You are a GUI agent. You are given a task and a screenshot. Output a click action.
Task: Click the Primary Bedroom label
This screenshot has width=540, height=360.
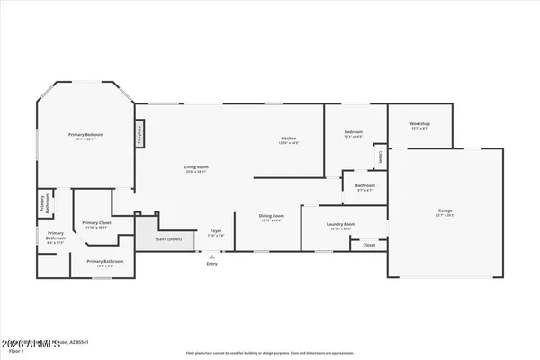pyautogui.click(x=87, y=135)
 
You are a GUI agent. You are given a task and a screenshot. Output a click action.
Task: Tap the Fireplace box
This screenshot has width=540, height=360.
pyautogui.click(x=140, y=133)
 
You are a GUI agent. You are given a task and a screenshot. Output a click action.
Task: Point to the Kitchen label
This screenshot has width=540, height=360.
pyautogui.click(x=289, y=138)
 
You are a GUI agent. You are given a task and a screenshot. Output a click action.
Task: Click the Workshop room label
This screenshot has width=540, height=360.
pyautogui.click(x=419, y=123)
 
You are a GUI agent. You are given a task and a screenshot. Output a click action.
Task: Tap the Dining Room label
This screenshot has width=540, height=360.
pyautogui.click(x=272, y=215)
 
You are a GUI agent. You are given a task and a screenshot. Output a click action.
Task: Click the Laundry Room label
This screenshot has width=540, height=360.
pyautogui.click(x=343, y=223)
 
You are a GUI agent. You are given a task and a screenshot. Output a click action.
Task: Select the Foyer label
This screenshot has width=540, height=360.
pyautogui.click(x=217, y=231)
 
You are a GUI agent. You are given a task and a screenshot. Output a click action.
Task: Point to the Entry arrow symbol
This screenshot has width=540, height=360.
pyautogui.click(x=212, y=256)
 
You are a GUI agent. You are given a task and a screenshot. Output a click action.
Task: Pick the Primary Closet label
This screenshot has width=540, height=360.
pyautogui.click(x=96, y=222)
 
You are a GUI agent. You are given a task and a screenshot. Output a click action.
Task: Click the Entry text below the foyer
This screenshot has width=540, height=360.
pyautogui.click(x=212, y=264)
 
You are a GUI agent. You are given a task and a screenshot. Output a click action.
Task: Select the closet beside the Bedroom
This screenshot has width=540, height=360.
pyautogui.click(x=382, y=157)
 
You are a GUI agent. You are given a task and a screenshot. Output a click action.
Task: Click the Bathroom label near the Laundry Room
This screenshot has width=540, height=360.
pyautogui.click(x=365, y=185)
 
